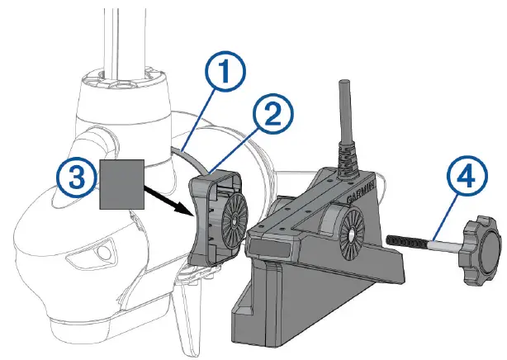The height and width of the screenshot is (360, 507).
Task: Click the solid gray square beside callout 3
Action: [x=121, y=183]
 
